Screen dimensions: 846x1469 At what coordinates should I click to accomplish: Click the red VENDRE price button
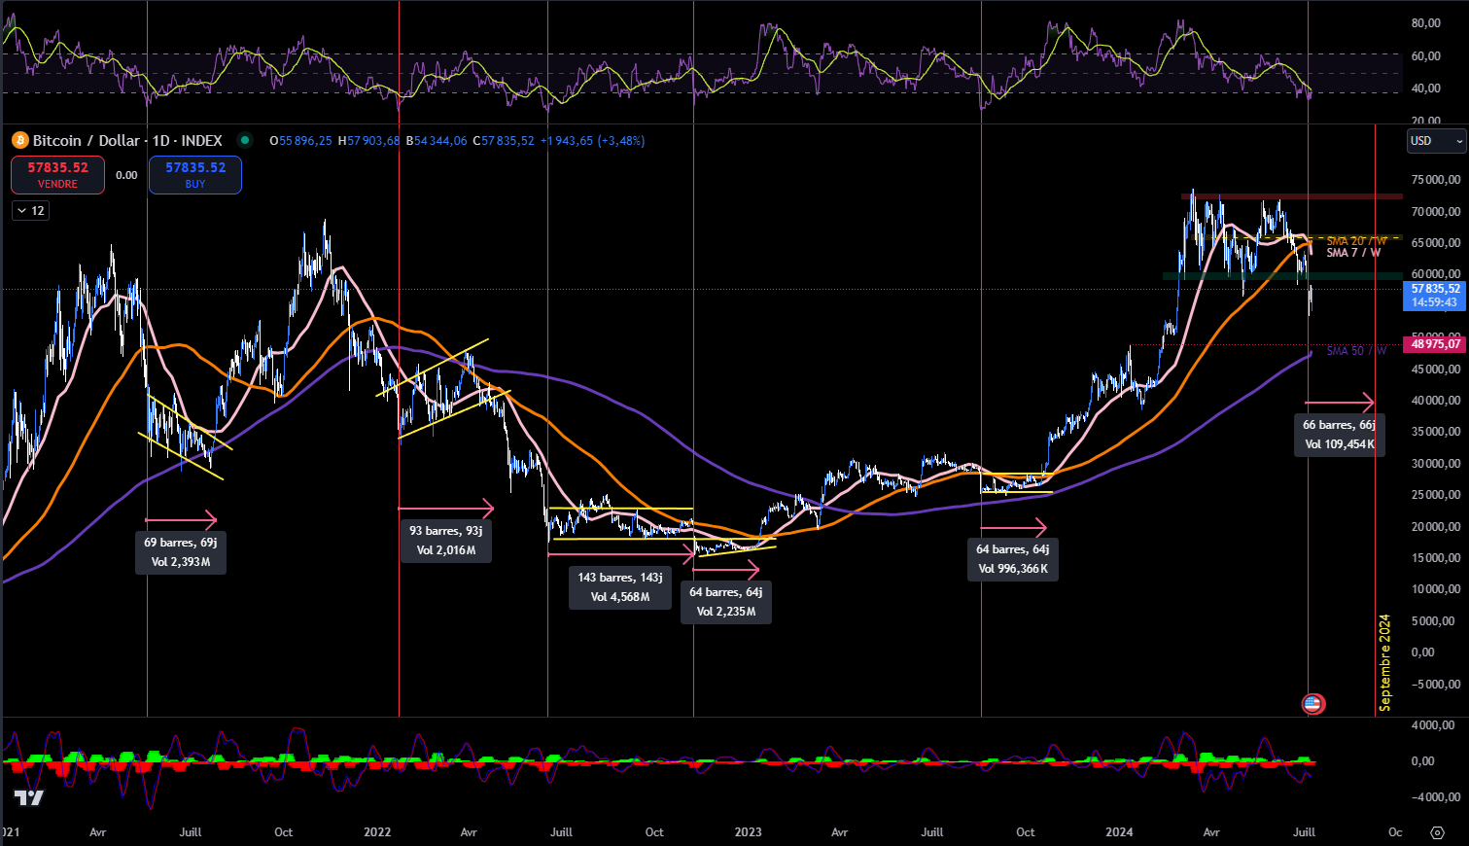point(57,175)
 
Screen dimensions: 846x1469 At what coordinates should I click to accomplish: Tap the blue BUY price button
point(195,175)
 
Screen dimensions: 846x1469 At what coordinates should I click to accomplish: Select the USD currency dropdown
point(1436,141)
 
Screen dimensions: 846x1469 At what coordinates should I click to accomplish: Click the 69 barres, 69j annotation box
point(181,551)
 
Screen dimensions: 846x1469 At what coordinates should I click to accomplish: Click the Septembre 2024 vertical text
point(1385,662)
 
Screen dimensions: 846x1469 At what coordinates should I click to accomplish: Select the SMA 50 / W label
point(1356,351)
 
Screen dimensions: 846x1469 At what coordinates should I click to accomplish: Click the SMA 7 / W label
point(1353,253)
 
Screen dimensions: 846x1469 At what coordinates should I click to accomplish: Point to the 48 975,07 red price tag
point(1434,344)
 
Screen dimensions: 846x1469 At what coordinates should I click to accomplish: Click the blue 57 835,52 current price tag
point(1435,295)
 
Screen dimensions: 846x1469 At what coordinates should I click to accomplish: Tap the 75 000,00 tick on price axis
point(1436,180)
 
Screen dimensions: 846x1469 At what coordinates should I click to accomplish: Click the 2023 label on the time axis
point(748,832)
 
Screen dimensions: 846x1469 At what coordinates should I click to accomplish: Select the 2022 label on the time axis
point(377,832)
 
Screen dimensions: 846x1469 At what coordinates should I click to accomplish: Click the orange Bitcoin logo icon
point(19,141)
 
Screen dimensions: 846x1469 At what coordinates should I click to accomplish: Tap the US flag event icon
point(1312,703)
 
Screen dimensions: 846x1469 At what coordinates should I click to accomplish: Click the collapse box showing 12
point(30,210)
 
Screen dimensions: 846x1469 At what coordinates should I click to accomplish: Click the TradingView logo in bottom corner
point(29,798)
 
